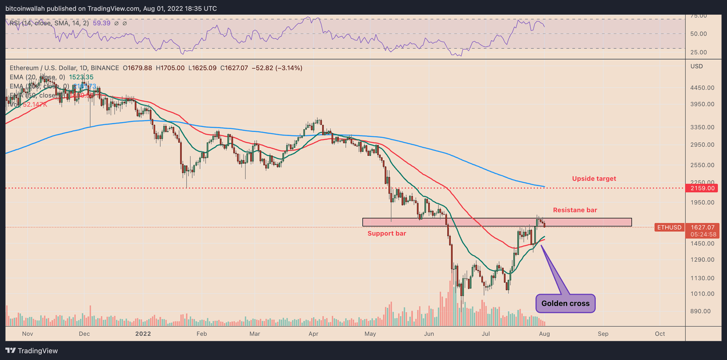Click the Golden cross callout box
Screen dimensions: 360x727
tap(565, 303)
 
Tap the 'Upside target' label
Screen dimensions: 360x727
tap(594, 179)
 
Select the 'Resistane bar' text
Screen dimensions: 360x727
tap(575, 210)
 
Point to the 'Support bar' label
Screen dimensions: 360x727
tap(387, 233)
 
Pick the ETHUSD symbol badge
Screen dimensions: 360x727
tap(669, 227)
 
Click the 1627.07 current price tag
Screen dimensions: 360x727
tap(703, 227)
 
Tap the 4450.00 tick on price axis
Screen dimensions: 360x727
tap(702, 88)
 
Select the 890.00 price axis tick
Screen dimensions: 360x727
tap(701, 311)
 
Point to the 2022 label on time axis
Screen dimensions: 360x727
tap(143, 334)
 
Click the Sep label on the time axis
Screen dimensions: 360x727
tap(603, 334)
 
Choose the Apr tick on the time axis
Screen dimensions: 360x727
tap(313, 334)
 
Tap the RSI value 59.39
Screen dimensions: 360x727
tap(101, 23)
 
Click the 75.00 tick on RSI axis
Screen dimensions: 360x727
tap(699, 16)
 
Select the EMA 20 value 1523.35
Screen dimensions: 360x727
tap(81, 77)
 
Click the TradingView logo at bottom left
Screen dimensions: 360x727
tap(32, 350)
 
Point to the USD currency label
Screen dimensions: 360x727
tap(697, 66)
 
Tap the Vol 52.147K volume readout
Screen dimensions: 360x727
tap(29, 105)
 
